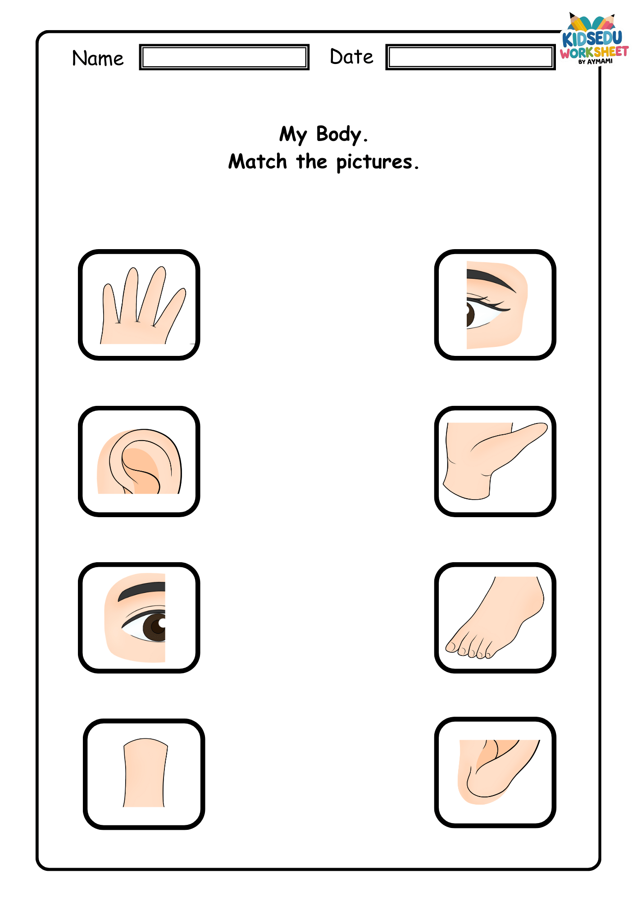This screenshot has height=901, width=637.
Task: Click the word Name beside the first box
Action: (98, 59)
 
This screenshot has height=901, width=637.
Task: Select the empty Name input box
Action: (224, 57)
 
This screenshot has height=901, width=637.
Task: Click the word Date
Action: (351, 57)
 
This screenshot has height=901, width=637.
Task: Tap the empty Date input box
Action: (470, 57)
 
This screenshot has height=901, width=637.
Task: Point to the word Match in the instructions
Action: (258, 161)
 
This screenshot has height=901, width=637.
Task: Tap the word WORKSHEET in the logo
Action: (594, 53)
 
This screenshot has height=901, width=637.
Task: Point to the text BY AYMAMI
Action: (596, 62)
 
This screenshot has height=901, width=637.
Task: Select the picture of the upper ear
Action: (139, 461)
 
